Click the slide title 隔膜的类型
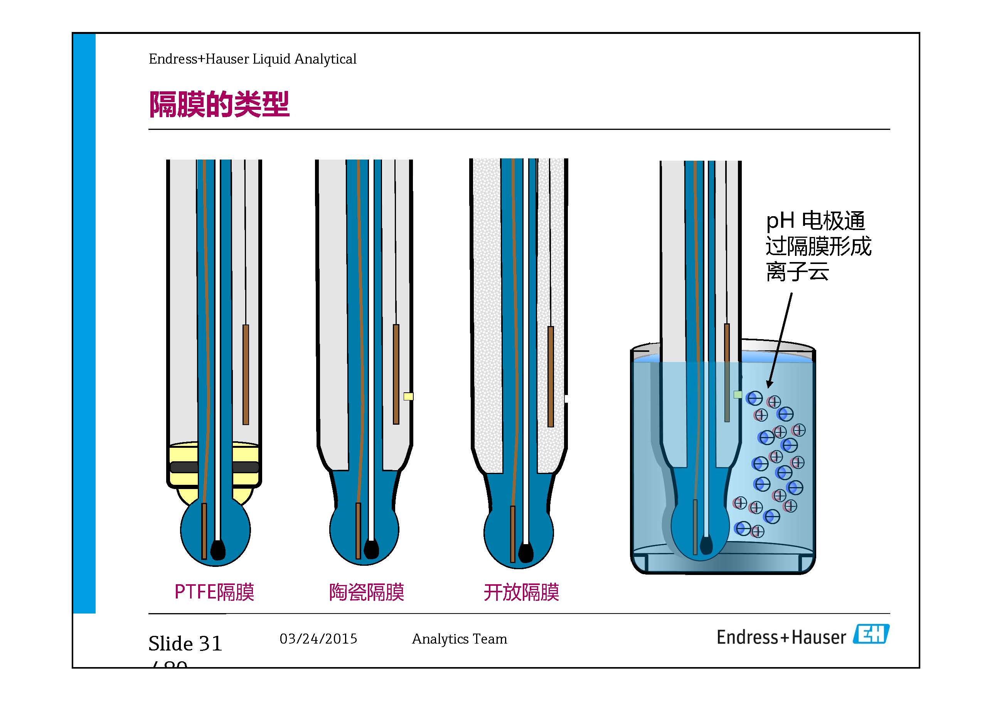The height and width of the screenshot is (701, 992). (x=219, y=104)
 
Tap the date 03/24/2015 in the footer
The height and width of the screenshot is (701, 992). (x=318, y=639)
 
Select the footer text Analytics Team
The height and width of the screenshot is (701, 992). (x=459, y=639)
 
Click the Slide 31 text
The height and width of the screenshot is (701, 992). (x=185, y=644)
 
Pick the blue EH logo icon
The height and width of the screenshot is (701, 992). (x=871, y=634)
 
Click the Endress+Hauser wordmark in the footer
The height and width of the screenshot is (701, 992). (x=781, y=637)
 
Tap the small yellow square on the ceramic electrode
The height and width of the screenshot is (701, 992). (x=408, y=396)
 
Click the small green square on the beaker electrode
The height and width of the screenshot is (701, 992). (x=738, y=394)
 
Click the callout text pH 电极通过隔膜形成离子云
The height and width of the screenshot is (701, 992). (x=818, y=246)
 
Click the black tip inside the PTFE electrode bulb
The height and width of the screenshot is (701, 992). (x=217, y=550)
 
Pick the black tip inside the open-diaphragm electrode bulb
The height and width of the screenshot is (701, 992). (x=525, y=552)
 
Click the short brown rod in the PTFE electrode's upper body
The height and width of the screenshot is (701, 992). (x=246, y=375)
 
